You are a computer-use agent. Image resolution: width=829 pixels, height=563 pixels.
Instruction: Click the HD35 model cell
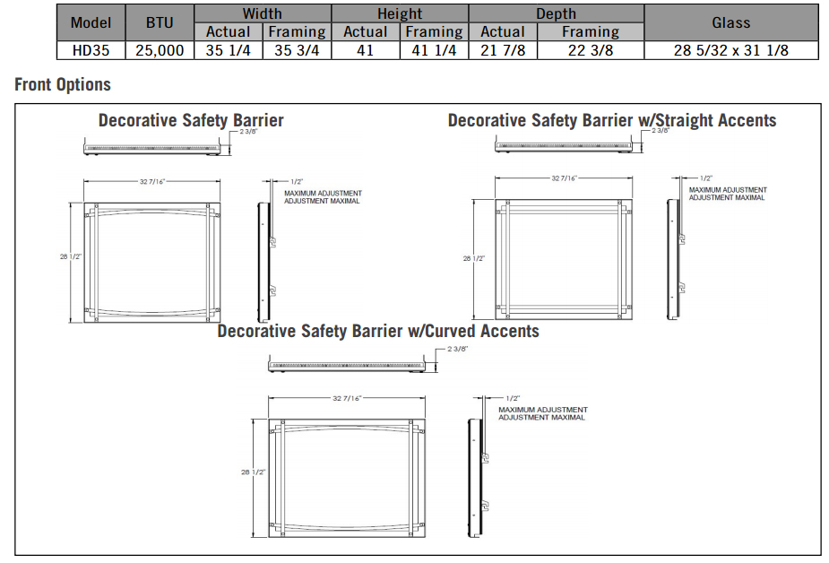(x=91, y=50)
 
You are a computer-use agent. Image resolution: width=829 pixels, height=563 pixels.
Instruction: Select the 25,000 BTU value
(x=160, y=50)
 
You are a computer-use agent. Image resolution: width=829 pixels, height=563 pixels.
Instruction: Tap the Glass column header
(x=730, y=22)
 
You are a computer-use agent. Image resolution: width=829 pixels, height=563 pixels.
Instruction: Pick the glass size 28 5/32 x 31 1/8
(x=730, y=50)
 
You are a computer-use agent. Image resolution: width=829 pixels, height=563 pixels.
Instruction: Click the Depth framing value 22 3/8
(x=590, y=50)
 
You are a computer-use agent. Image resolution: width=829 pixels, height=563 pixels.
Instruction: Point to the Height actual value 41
(x=365, y=50)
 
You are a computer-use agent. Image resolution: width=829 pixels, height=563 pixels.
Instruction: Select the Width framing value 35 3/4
(x=297, y=50)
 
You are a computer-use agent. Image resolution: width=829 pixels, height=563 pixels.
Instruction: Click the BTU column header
(x=160, y=22)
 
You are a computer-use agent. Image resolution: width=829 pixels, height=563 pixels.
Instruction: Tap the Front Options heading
(x=63, y=85)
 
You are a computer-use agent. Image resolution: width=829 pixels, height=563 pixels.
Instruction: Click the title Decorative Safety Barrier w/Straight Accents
(x=612, y=120)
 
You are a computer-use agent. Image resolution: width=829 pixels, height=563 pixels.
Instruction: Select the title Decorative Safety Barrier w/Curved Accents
(x=378, y=332)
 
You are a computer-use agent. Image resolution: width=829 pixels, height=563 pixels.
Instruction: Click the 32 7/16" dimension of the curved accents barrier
(x=347, y=398)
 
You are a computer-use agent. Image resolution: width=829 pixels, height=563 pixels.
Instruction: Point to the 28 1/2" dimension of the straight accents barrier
(x=473, y=258)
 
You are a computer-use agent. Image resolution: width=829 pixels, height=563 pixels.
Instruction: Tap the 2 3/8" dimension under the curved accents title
(x=459, y=349)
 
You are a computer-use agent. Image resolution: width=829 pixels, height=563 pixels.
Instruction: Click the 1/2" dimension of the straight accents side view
(x=706, y=178)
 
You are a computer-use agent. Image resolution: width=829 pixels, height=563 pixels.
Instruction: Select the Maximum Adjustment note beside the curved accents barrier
(x=542, y=413)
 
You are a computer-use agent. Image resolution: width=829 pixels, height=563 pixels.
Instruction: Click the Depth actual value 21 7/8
(x=502, y=50)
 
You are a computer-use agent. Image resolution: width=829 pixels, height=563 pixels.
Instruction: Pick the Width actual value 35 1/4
(x=228, y=50)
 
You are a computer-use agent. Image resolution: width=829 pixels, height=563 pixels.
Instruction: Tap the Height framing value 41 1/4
(x=434, y=50)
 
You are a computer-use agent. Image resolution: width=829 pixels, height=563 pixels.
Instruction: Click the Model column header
(x=91, y=22)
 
